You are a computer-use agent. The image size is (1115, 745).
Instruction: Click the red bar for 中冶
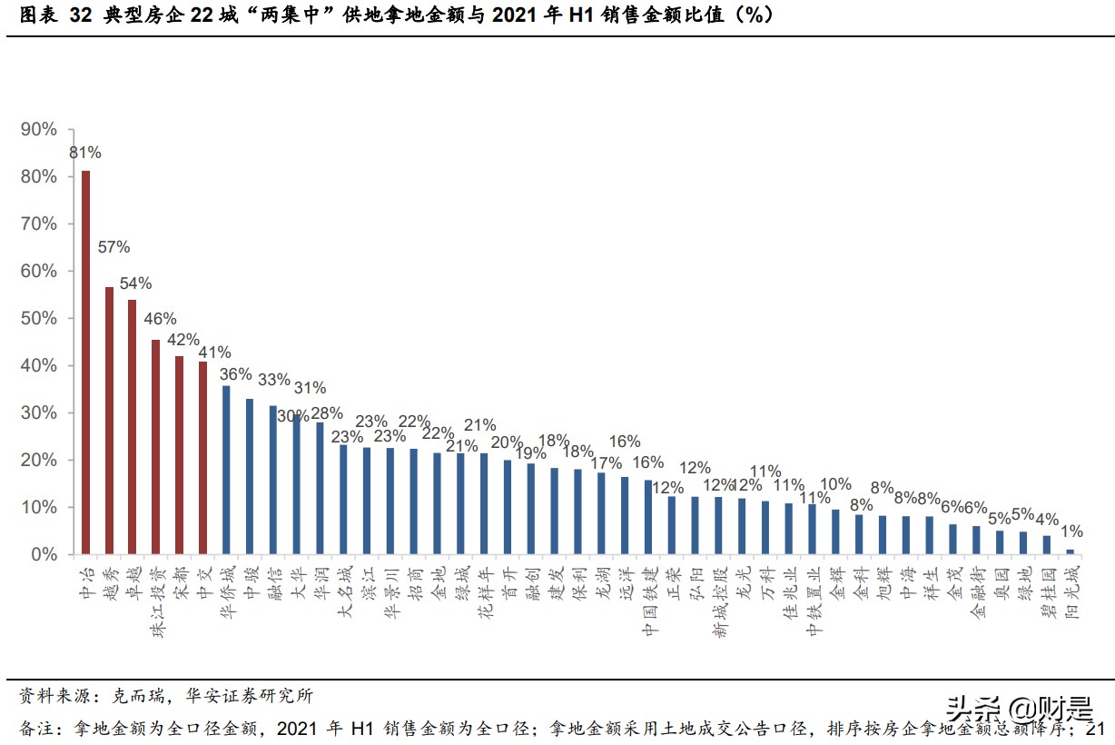coord(85,362)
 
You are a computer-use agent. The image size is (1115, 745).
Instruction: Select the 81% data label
coord(85,153)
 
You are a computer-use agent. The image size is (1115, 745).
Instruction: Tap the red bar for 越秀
coord(109,420)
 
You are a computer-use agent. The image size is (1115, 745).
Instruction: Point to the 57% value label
coord(113,247)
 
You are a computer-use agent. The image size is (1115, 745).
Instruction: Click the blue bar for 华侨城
coord(226,470)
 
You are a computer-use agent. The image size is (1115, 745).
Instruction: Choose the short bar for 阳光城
coord(1070,551)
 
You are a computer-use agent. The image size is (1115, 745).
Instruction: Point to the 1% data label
coord(1071,531)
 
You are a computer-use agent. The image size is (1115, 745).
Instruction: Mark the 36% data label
coord(235,374)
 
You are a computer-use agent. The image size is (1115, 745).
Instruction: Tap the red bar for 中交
coord(202,458)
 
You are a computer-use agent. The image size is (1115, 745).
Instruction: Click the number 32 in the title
coord(80,15)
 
